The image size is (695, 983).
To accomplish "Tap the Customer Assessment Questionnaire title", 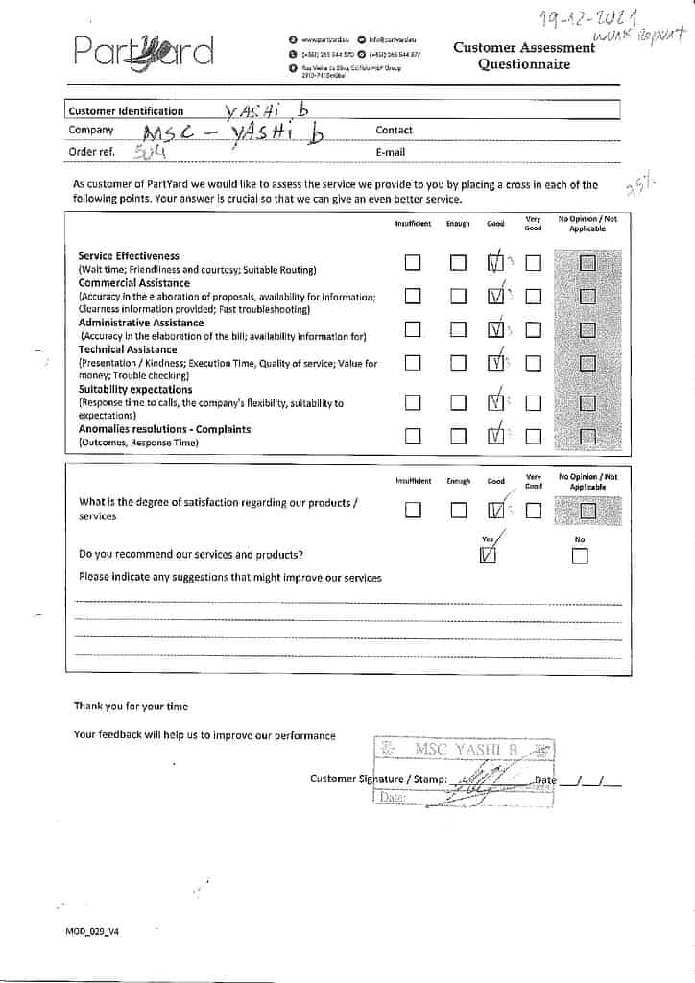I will coord(524,56).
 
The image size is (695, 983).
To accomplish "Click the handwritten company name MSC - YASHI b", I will coord(232,133).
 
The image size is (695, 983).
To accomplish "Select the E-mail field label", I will coord(390,152).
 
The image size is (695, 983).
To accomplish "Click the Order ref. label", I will coord(92,151).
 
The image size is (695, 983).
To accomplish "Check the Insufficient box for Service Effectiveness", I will coord(413,263).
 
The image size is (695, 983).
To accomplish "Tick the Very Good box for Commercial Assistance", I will coord(534,297).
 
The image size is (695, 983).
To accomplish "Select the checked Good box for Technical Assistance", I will coord(495,363).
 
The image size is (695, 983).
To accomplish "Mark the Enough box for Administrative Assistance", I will coord(458,330).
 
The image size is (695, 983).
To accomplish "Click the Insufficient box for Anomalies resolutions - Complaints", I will coord(413,437).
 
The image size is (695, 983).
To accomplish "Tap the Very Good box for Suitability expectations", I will coord(534,403).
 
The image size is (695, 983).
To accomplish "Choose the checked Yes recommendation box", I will coord(488,556).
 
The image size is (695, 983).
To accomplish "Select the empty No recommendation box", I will coord(579,557).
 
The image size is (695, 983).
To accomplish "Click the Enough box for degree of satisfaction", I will coord(458,511).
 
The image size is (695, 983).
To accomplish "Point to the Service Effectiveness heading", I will coord(129,256).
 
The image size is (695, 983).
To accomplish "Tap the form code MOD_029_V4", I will coord(92,931).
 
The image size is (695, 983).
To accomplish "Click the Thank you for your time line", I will coord(132,707).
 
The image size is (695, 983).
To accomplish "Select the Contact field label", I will coord(394,130).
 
